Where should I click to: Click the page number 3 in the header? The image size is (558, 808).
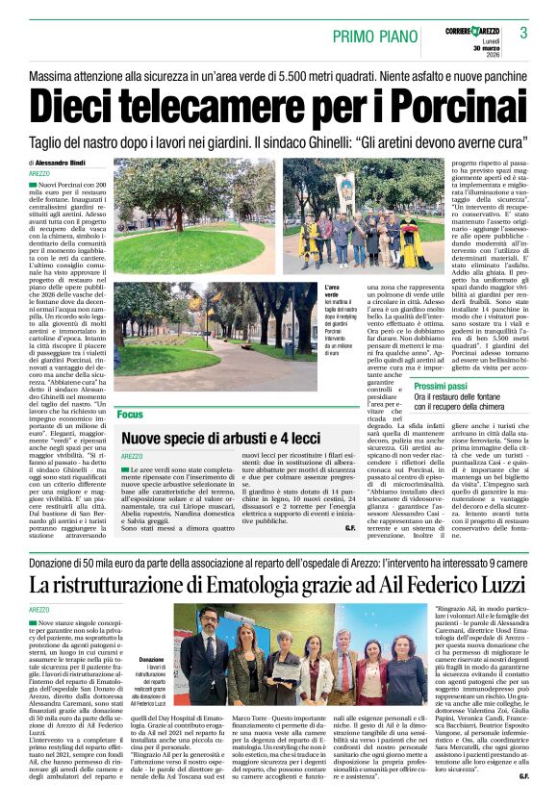[x=523, y=33]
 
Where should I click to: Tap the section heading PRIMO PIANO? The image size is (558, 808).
[x=372, y=36]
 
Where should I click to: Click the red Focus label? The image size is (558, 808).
[x=129, y=414]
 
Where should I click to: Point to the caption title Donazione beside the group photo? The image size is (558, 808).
[x=152, y=660]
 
